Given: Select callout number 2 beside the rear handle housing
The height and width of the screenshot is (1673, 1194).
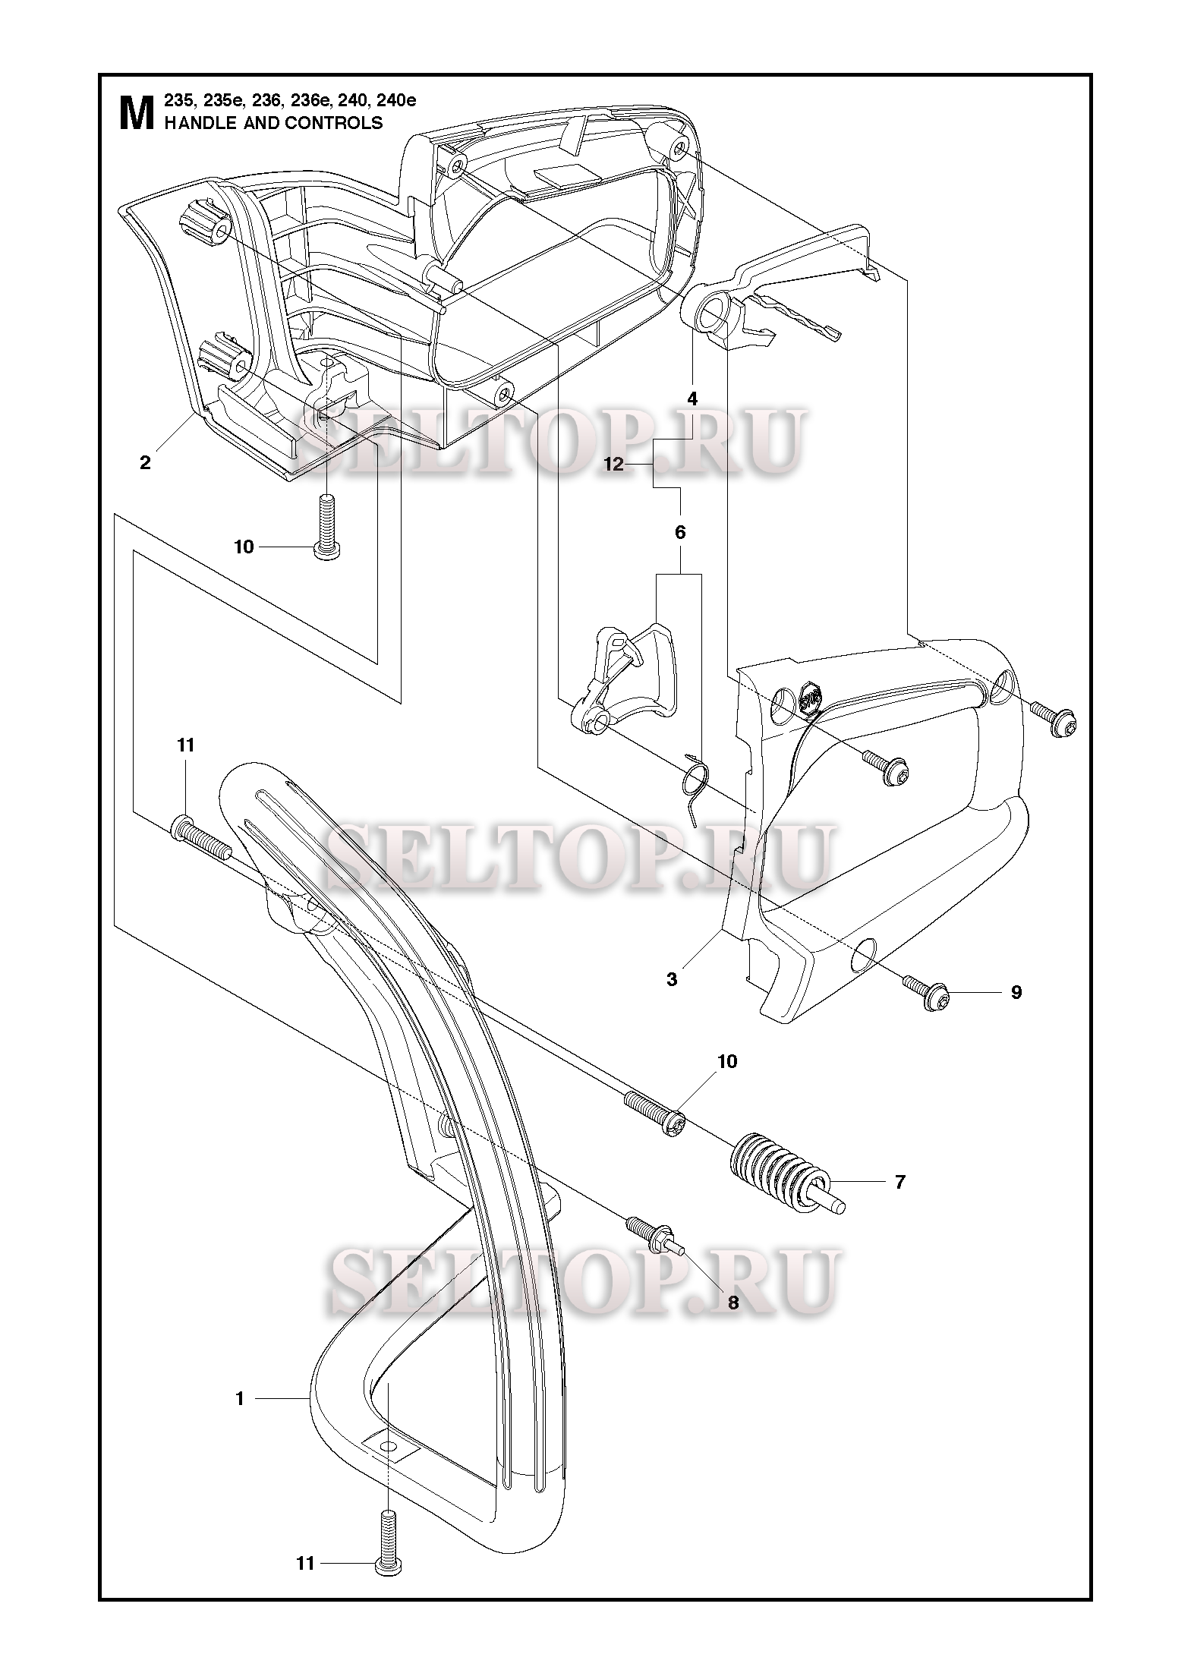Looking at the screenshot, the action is (145, 462).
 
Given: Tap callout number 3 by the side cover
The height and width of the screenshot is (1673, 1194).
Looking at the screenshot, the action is (672, 979).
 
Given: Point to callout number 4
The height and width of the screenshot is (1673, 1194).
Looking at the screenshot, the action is (692, 399).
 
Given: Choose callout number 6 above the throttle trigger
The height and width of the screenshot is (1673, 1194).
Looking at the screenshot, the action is (680, 532).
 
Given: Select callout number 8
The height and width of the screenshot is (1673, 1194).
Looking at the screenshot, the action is (732, 1303).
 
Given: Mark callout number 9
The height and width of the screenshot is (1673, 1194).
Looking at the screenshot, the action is (1016, 992).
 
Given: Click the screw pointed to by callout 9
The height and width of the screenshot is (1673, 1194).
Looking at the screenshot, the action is (925, 991).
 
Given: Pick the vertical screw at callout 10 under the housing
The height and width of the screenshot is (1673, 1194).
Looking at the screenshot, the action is (327, 525).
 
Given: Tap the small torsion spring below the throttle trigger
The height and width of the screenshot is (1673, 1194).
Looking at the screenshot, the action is (695, 789).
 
